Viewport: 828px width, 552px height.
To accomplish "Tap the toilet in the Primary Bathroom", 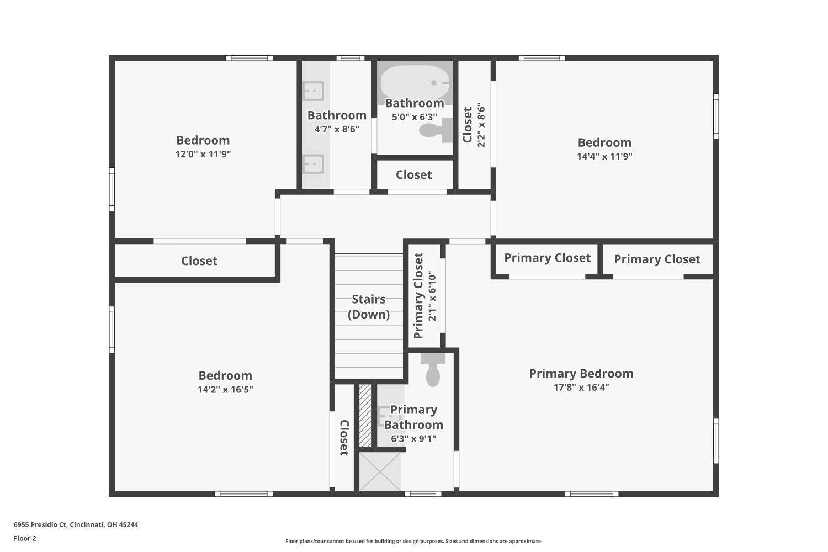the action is coord(433,370).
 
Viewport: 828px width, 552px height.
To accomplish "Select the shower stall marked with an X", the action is coord(380,472).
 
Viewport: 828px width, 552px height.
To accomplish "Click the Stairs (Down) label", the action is coord(369,306).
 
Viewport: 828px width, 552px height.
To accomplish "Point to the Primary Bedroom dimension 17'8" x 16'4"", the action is coord(581,387).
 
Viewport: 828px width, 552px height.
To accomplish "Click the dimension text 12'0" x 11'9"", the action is coord(203,154).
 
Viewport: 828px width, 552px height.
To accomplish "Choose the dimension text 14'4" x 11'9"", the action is coord(604,156).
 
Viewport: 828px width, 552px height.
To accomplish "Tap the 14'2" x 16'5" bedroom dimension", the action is coord(225,389).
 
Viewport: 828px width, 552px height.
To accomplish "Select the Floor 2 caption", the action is coord(25,538).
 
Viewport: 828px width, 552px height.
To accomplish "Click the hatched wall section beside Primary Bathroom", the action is coord(365,416).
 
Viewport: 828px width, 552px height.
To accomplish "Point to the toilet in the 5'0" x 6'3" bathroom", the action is coord(436,130).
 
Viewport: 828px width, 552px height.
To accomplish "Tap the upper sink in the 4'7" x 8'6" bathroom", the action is coord(314,91).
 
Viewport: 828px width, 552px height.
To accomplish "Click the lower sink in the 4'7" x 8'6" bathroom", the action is coord(314,164).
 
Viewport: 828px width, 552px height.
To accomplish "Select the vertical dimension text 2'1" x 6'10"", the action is coord(432,298).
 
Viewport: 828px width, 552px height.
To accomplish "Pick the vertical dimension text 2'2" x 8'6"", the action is coord(481,125).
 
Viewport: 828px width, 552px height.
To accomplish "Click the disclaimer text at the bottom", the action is coord(413,541).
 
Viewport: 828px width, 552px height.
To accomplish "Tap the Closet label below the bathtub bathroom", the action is coord(413,174).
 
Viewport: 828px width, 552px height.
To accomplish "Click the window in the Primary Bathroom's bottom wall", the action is coord(423,493).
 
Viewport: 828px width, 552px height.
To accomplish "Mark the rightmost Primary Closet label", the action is coord(657,259).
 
